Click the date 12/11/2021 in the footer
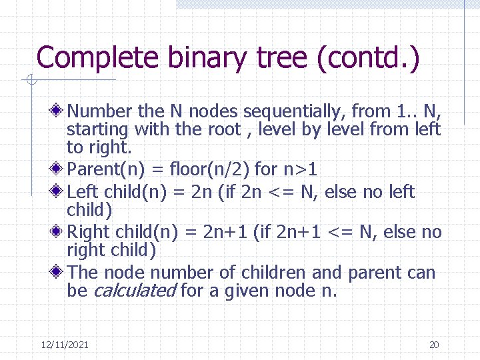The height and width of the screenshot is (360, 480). (x=65, y=345)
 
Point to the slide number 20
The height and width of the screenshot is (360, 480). (x=434, y=345)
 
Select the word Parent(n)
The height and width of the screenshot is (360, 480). (x=99, y=169)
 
